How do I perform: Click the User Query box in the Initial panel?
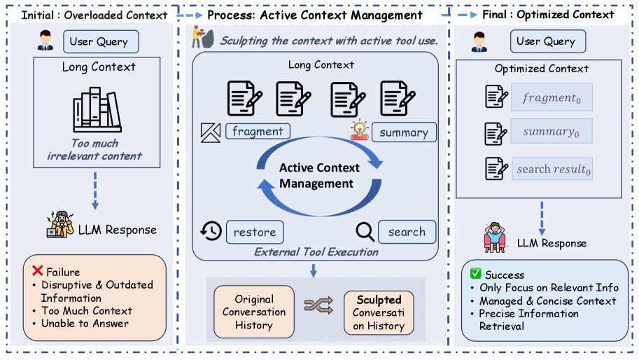coord(101,41)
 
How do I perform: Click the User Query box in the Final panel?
coord(548,41)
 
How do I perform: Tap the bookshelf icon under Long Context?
coord(97,110)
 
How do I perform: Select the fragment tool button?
coord(258,131)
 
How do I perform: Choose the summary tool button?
coord(404,132)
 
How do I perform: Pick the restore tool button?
coord(255,232)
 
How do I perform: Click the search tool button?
coord(407,232)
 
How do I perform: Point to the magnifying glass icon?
coord(365,232)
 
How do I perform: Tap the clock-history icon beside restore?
coord(211,231)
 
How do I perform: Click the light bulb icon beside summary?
coord(360,130)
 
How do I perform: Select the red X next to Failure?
coord(38,270)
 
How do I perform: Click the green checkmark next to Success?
coord(476,273)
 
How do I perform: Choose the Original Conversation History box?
coord(254,312)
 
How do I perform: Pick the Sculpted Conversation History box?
coord(379,312)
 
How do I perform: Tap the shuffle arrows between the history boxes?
coord(318,306)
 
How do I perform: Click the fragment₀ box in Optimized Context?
coord(552,97)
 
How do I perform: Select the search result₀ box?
coord(552,169)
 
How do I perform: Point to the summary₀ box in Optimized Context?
coord(552,131)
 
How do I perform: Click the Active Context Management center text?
coord(318,176)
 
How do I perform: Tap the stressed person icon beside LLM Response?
coord(60,225)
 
